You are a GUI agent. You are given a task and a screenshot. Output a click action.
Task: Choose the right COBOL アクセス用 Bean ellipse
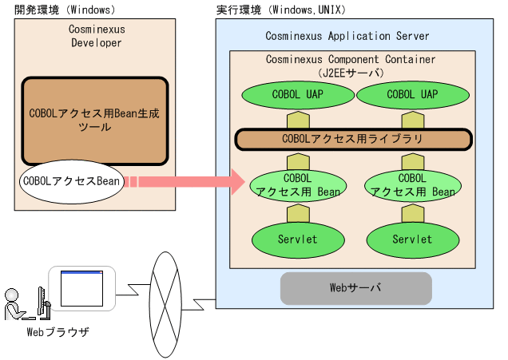[411, 184]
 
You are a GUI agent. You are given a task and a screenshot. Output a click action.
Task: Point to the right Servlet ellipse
[411, 238]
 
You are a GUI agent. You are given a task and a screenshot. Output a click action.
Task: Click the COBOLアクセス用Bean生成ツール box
[94, 121]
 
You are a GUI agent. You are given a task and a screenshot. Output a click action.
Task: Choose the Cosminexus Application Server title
[347, 36]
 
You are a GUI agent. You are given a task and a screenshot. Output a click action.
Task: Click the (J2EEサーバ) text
[351, 72]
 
